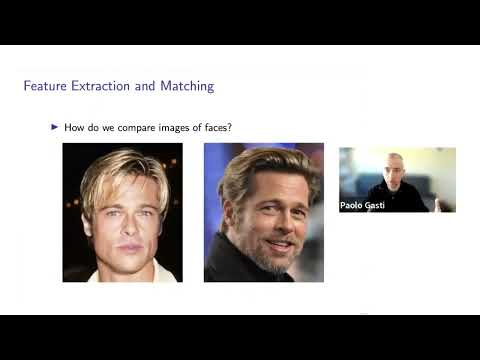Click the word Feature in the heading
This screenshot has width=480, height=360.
pyautogui.click(x=45, y=86)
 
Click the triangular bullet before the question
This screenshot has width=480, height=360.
pyautogui.click(x=55, y=128)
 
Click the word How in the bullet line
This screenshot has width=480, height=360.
pyautogui.click(x=72, y=128)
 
